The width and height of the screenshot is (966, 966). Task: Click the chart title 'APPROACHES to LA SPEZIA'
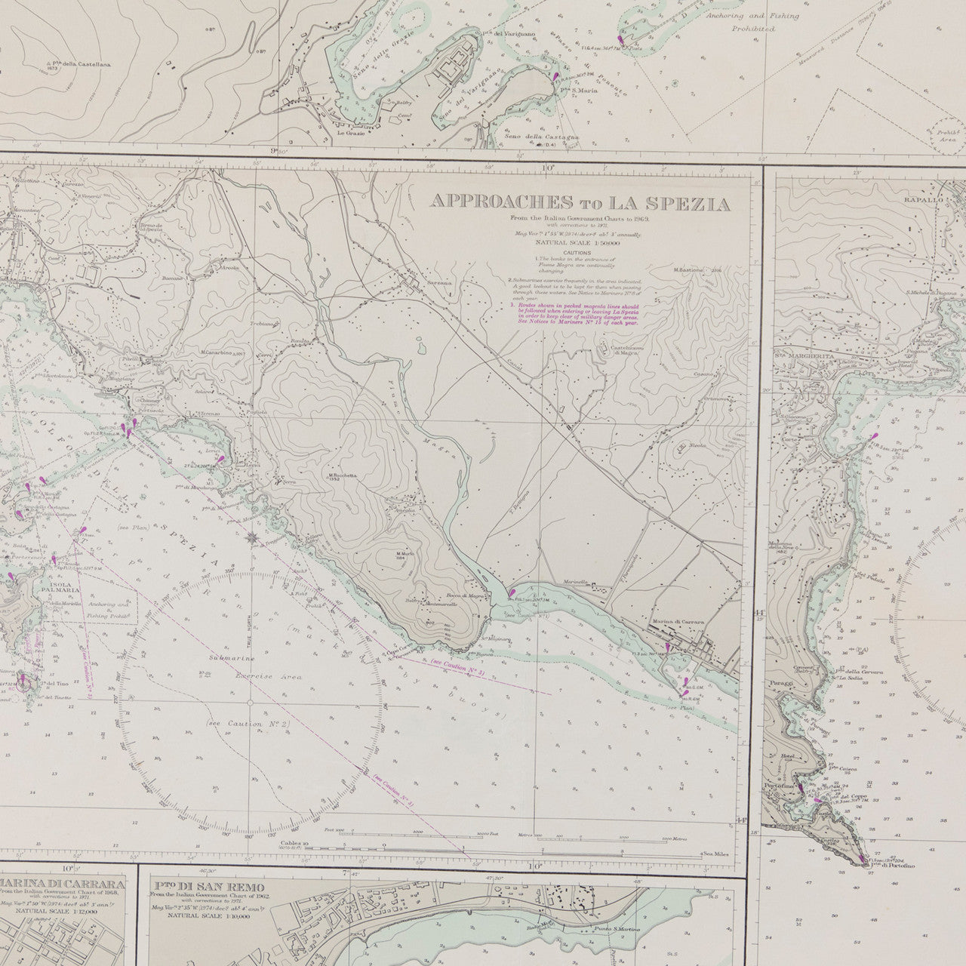[x=579, y=203]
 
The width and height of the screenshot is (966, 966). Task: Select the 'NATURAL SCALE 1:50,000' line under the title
[x=577, y=244]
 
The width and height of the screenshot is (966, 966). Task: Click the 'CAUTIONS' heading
[x=577, y=254]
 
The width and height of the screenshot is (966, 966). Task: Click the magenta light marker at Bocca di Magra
[x=512, y=593]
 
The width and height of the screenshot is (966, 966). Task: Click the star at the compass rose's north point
[x=251, y=537]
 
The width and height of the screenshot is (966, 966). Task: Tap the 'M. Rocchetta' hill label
[x=341, y=476]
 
